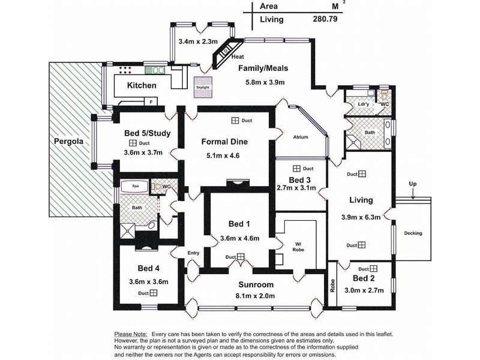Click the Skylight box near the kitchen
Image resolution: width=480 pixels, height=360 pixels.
coord(202,86)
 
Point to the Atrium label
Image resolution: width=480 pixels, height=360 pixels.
coord(300,137)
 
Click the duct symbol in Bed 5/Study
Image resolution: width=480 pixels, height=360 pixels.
coord(131,143)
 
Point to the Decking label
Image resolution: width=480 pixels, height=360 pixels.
coord(413,233)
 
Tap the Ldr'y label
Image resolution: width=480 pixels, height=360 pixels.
coord(363,104)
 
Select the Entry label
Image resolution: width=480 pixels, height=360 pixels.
coord(193,253)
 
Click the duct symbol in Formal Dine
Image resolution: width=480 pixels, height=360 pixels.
coord(235,121)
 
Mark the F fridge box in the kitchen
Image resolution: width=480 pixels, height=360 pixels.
coord(152,103)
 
